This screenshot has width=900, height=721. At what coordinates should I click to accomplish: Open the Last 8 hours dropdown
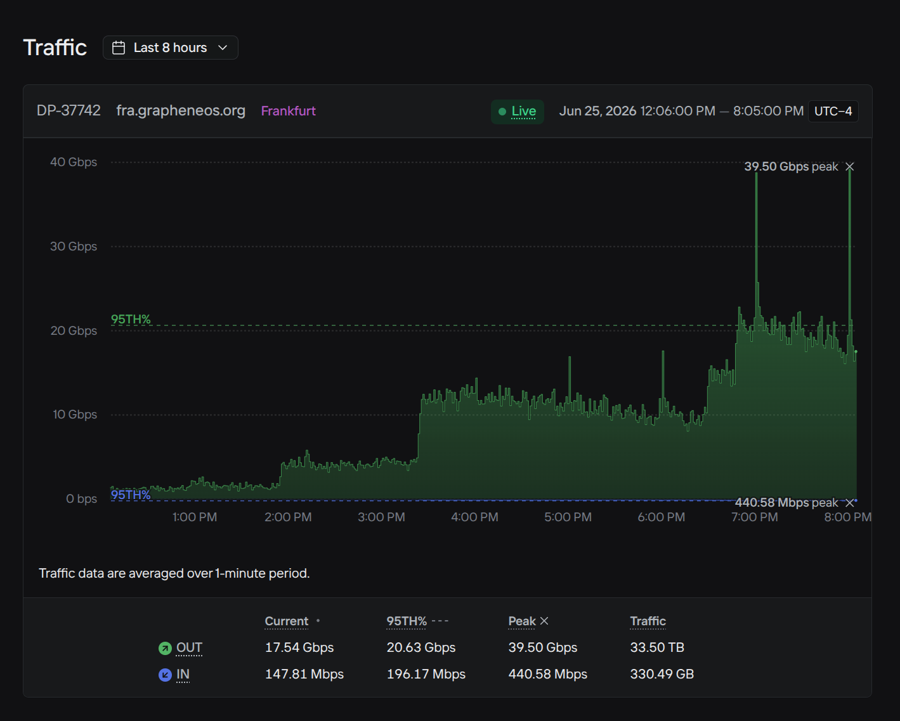pos(170,48)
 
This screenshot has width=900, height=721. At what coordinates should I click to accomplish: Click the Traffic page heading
pos(55,48)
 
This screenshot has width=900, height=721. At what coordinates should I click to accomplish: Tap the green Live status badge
pos(518,111)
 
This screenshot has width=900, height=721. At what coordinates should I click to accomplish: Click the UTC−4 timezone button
pos(833,111)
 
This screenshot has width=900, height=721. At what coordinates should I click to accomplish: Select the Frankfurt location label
pos(288,111)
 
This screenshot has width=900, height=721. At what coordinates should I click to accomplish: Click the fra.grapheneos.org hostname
pos(181,111)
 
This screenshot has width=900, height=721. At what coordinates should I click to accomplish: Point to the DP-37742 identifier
pos(68,111)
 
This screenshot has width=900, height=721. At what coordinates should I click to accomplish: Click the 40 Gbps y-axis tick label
pos(74,162)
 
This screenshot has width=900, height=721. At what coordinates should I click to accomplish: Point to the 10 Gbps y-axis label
pos(75,415)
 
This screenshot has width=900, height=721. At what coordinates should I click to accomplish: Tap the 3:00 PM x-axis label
pos(381,517)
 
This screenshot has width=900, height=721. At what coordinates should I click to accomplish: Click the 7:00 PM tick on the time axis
pos(755,517)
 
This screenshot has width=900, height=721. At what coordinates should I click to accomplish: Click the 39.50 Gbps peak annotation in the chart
pos(792,166)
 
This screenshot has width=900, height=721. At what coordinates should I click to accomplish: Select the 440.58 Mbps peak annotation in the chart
pos(786,502)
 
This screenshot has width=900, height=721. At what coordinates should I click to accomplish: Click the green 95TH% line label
pos(131,320)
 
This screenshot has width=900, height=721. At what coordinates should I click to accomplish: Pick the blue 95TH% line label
pos(131,495)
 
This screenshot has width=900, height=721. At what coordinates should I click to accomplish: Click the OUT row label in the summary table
pos(189,647)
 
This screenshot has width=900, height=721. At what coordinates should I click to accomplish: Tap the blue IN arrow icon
pos(165,675)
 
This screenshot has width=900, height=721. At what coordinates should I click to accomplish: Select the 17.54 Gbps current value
pos(299,647)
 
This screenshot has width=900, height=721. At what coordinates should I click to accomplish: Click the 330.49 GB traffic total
pos(662,674)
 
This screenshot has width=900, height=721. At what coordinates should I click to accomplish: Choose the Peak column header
pos(522,621)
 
